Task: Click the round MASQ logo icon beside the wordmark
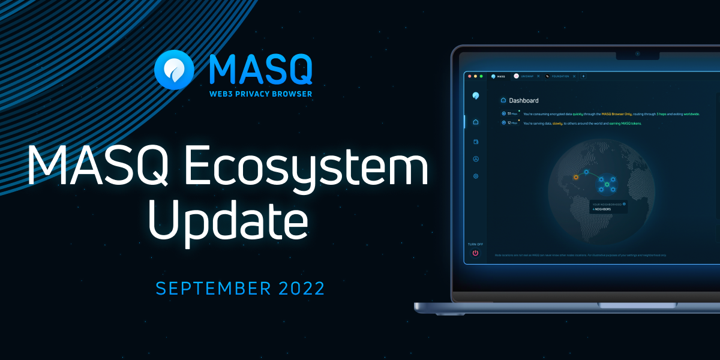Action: [x=173, y=70]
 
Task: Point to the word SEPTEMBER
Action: [x=212, y=288]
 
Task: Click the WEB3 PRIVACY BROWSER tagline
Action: [x=260, y=94]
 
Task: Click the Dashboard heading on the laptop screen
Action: [x=524, y=101]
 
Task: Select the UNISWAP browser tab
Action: [x=527, y=76]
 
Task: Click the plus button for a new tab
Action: [x=583, y=76]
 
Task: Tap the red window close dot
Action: [x=470, y=76]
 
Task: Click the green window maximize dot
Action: [x=481, y=76]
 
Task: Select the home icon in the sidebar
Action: [x=476, y=122]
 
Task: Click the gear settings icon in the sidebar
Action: [x=476, y=176]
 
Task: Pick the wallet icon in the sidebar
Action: [x=476, y=142]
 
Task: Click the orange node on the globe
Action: [x=575, y=178]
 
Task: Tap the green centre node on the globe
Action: [x=607, y=184]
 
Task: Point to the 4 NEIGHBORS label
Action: [x=602, y=209]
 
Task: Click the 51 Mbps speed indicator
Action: [x=510, y=113]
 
